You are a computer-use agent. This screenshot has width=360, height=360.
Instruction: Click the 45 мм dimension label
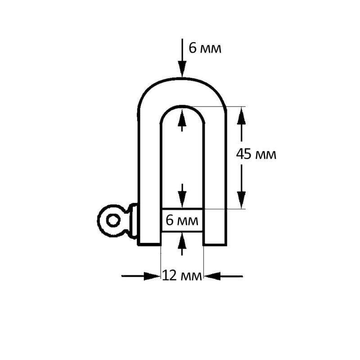(256, 154)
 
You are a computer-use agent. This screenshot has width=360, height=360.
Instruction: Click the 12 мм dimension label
(182, 275)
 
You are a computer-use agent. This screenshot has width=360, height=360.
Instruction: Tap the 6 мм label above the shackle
(205, 48)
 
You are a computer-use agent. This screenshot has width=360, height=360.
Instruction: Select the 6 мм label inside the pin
(182, 220)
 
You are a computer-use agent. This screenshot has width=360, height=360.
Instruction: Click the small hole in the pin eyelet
(113, 220)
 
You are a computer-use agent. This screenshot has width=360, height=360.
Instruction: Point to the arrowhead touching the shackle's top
(182, 69)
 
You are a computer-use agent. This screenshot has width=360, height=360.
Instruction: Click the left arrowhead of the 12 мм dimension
(152, 276)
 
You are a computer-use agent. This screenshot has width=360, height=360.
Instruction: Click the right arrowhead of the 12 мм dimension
(212, 276)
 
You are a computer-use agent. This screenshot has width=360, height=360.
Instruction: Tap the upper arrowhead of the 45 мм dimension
(241, 116)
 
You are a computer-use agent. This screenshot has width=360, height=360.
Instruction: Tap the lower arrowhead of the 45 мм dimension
(241, 200)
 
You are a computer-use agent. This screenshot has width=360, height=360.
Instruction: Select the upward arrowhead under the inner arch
(182, 117)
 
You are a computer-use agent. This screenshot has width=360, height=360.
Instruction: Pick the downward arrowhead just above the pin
(182, 199)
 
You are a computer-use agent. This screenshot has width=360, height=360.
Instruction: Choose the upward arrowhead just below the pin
(182, 241)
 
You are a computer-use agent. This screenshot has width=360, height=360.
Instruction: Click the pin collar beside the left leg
(133, 220)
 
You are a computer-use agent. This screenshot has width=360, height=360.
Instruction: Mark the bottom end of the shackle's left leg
(149, 245)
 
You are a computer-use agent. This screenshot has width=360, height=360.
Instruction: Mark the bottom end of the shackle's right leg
(215, 245)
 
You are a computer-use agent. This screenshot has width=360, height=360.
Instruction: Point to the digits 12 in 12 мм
(170, 275)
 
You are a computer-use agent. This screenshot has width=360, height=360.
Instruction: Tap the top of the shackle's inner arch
(182, 107)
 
